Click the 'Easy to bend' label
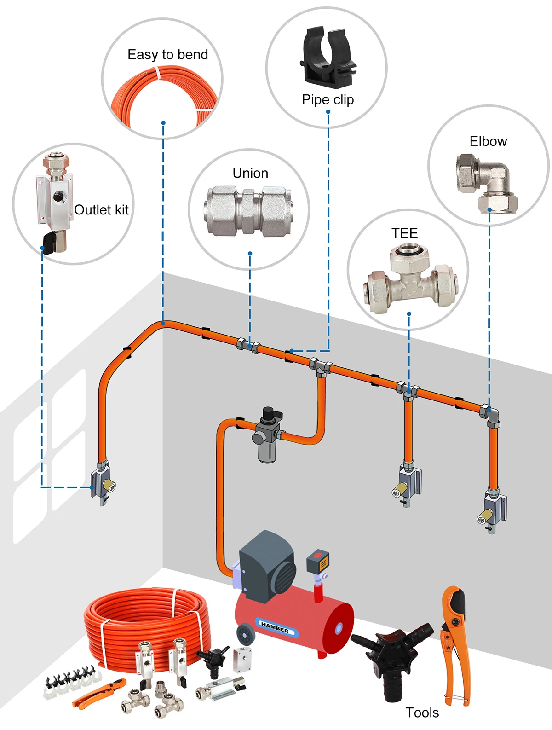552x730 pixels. (x=167, y=55)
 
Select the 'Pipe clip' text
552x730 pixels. (x=328, y=99)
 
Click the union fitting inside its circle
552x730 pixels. (x=248, y=211)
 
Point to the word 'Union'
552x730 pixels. (x=250, y=173)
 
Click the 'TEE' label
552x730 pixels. (x=404, y=233)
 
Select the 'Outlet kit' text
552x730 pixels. (x=101, y=210)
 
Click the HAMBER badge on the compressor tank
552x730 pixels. (x=275, y=627)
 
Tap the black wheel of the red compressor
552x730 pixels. (x=245, y=635)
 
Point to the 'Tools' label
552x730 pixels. (x=422, y=713)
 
